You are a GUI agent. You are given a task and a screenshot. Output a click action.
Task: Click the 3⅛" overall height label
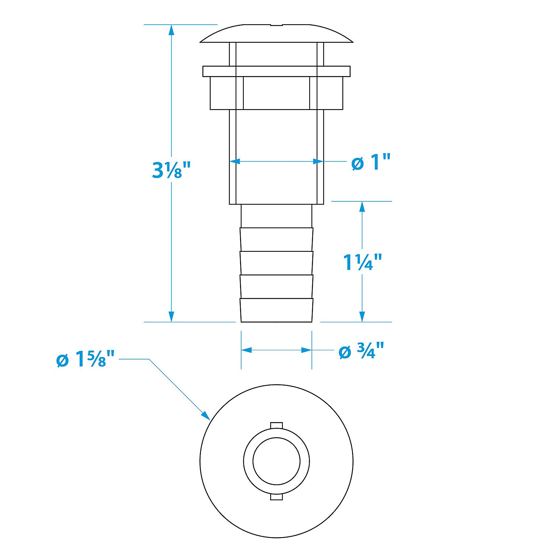pyautogui.click(x=172, y=170)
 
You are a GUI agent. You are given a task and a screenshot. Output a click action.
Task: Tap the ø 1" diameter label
pyautogui.click(x=371, y=162)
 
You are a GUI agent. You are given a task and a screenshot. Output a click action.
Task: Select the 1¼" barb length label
pyautogui.click(x=362, y=262)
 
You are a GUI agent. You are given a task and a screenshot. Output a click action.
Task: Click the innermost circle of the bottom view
pyautogui.click(x=276, y=461)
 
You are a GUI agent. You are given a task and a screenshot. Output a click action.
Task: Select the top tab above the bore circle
pyautogui.click(x=276, y=425)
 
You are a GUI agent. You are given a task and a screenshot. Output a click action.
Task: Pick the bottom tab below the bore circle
pyautogui.click(x=276, y=497)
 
